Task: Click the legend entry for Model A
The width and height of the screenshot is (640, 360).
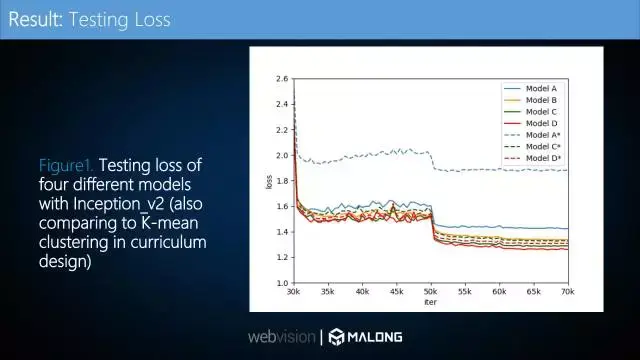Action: pyautogui.click(x=541, y=88)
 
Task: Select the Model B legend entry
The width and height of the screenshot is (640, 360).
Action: pyautogui.click(x=541, y=100)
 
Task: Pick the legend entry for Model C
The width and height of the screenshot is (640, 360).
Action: pyautogui.click(x=541, y=112)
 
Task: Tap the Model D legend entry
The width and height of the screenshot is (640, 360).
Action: pyautogui.click(x=541, y=123)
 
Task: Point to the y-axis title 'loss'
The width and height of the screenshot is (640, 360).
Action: pyautogui.click(x=269, y=182)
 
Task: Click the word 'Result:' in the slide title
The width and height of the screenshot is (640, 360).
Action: pyautogui.click(x=35, y=19)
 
